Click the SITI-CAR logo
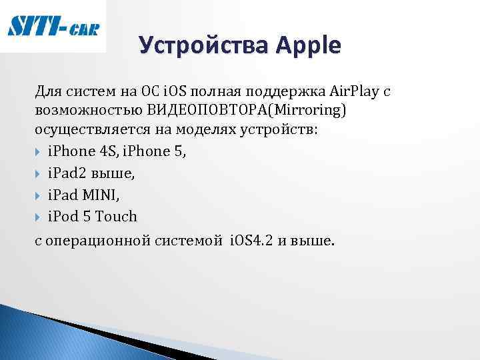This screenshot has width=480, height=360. pos(53,27)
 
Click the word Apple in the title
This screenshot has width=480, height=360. pos(307,46)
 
